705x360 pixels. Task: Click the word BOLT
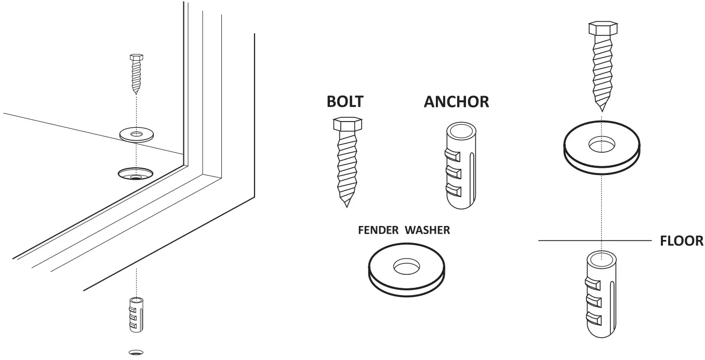344,101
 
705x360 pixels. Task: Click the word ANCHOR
456,101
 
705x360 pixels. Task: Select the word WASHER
428,230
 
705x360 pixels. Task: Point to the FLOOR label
681,241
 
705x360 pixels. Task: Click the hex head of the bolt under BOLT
344,124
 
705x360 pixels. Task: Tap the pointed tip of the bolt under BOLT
345,205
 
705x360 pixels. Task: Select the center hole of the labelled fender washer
407,267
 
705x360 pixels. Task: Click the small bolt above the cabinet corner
136,73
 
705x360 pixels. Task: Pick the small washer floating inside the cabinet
136,134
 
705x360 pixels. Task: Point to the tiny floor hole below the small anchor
136,352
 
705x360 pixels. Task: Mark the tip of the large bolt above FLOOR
602,110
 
